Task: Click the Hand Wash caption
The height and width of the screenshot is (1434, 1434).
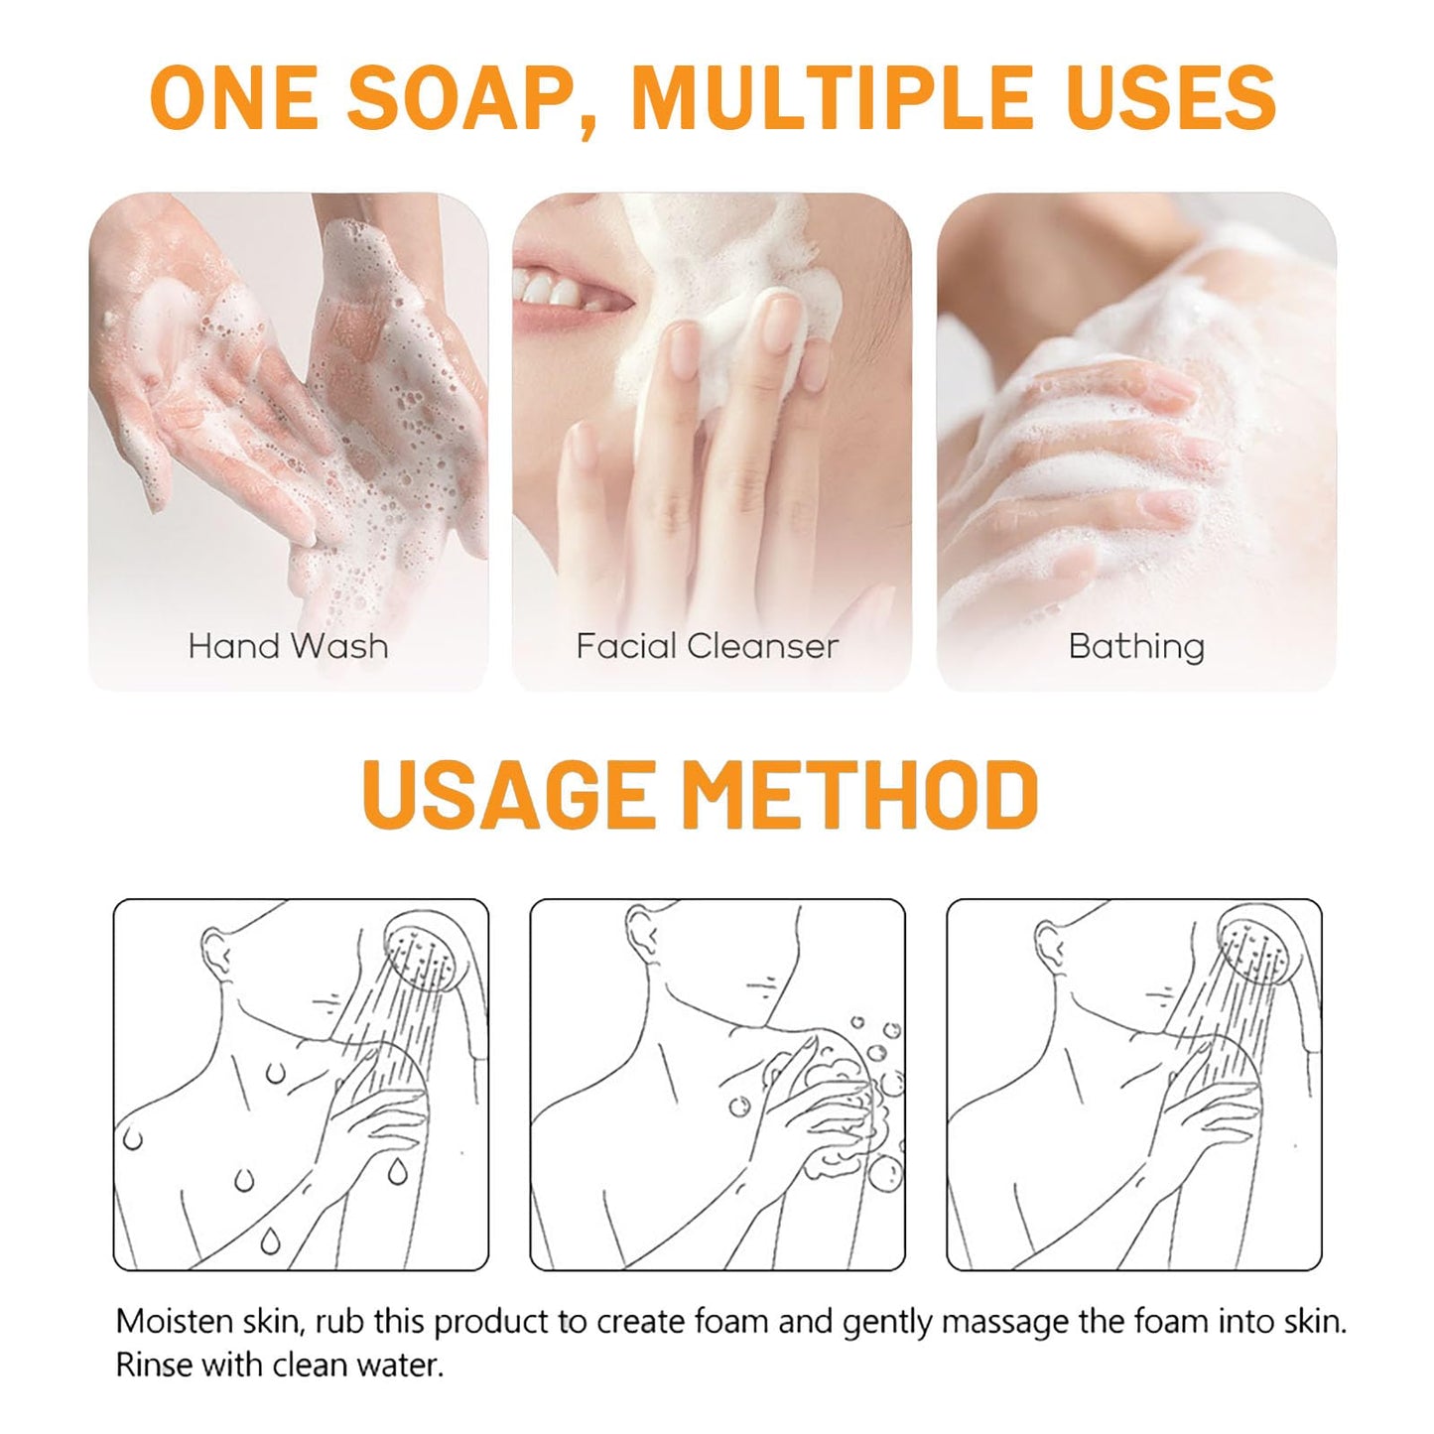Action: [x=288, y=646]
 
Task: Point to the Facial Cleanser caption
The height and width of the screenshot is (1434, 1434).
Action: [x=707, y=646]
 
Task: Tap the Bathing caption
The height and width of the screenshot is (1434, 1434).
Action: [x=1136, y=647]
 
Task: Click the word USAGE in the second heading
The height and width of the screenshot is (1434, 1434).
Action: [x=507, y=794]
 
